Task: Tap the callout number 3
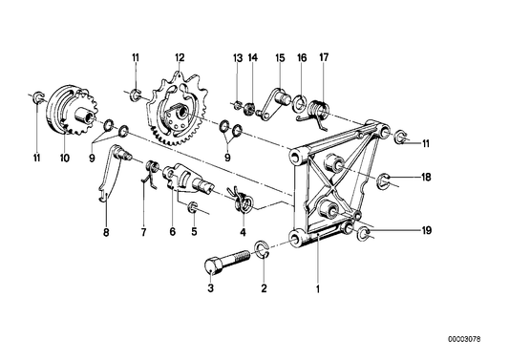coord(211,286)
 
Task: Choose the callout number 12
coord(178,58)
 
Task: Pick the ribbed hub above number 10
coord(70,108)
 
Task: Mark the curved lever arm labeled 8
coord(110,176)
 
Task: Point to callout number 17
coord(323,58)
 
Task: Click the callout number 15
coord(279,58)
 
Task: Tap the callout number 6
coord(172,230)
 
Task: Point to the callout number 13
coord(237,58)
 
